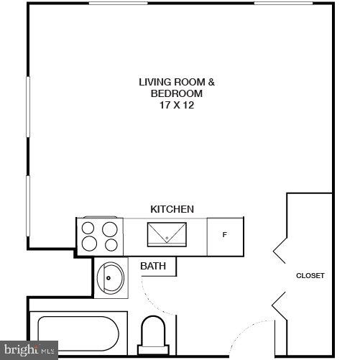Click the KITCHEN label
click(172, 209)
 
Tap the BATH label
click(153, 266)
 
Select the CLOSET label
click(310, 275)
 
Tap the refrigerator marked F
click(225, 235)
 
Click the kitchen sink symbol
click(167, 234)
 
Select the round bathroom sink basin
click(111, 277)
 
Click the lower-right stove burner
click(109, 244)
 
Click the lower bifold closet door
click(280, 305)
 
